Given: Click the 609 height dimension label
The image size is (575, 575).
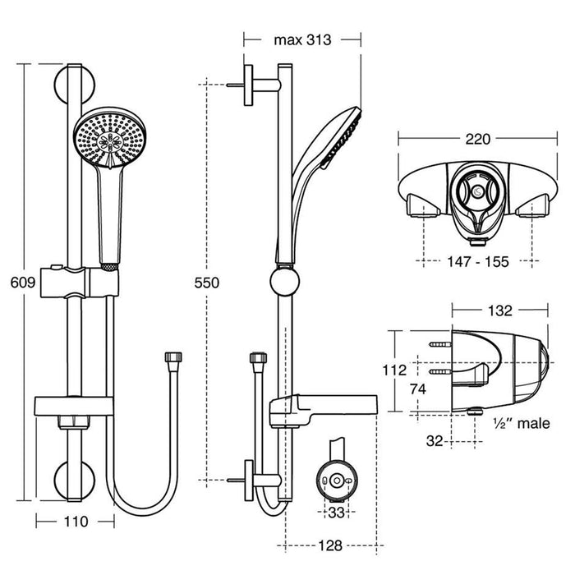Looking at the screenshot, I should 23,283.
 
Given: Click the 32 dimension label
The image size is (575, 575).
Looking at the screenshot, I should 435,440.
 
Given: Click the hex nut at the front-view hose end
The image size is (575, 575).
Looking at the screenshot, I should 172,360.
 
